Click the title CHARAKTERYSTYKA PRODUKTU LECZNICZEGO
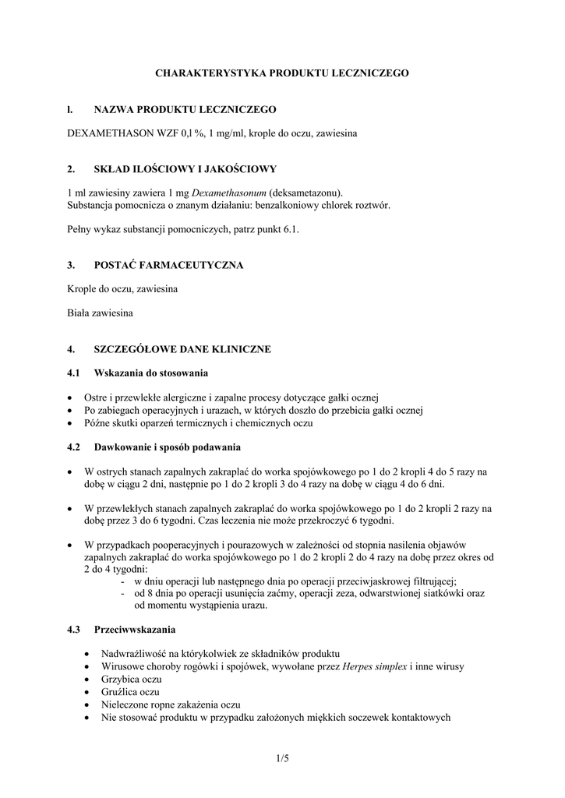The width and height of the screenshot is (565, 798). (x=282, y=72)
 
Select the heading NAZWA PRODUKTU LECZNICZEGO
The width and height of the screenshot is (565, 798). (x=185, y=111)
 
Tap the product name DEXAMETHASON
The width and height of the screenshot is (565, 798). (x=111, y=135)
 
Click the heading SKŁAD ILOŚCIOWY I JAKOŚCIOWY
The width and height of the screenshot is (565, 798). (x=185, y=168)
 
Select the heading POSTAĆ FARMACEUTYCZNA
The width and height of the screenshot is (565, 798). (x=168, y=265)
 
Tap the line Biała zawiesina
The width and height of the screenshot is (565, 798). (x=100, y=313)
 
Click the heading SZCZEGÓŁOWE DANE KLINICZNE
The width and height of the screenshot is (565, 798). (x=182, y=349)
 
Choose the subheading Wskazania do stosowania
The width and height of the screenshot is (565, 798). (x=151, y=373)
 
